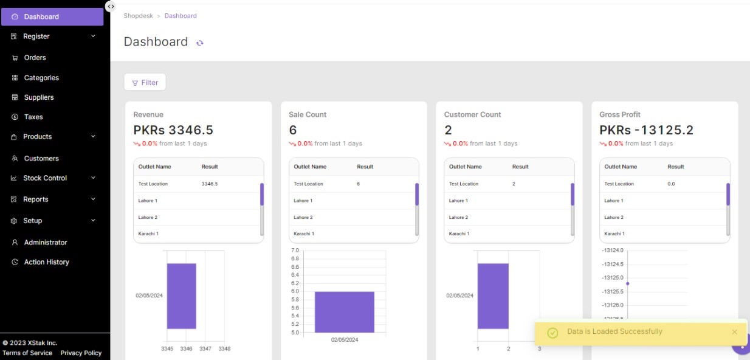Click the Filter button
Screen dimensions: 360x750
click(x=145, y=83)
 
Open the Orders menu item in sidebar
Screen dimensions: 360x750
click(x=35, y=58)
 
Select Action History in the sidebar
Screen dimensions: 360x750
click(x=46, y=262)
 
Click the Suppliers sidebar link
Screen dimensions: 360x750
click(x=38, y=97)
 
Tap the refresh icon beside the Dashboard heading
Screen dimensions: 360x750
click(x=200, y=43)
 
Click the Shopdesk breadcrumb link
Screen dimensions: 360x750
click(x=138, y=16)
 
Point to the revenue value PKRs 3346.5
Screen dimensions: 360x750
click(x=173, y=130)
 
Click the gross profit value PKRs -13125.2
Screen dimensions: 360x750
click(x=646, y=130)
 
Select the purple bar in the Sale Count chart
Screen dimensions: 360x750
click(x=344, y=311)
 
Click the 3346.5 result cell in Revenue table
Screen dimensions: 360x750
click(x=210, y=184)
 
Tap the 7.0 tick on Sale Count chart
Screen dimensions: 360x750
click(x=295, y=251)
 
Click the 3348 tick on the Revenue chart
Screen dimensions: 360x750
click(x=224, y=348)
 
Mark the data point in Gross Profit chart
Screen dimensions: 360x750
click(x=627, y=283)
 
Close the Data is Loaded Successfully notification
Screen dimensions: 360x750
click(x=734, y=332)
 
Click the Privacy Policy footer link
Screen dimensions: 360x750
click(x=81, y=353)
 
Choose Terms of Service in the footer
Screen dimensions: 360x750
click(x=27, y=353)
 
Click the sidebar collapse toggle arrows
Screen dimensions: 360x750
click(x=111, y=6)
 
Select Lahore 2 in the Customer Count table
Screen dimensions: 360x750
click(x=458, y=217)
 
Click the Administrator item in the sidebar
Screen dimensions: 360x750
click(x=46, y=243)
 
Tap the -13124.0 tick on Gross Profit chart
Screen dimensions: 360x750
click(x=612, y=251)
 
